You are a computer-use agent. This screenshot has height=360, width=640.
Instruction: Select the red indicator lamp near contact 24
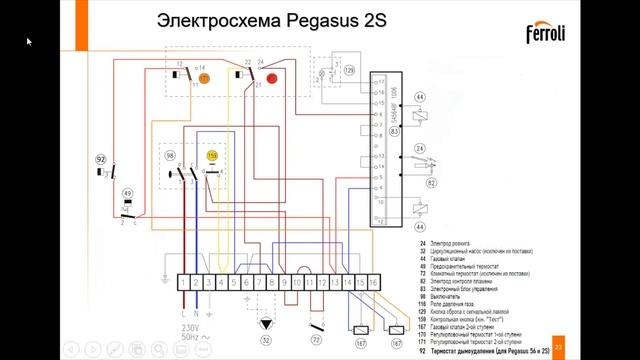click(270, 76)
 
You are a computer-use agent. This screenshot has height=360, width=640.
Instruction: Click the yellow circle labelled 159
click(212, 157)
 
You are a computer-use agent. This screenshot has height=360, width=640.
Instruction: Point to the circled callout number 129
click(349, 73)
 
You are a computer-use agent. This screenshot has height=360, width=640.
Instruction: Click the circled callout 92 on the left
click(100, 159)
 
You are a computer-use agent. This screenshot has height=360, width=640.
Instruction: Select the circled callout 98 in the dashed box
click(170, 157)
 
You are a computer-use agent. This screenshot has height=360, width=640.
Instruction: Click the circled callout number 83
click(395, 132)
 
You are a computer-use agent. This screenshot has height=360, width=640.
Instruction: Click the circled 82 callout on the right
click(432, 183)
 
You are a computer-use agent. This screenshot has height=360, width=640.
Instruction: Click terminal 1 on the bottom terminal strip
click(181, 284)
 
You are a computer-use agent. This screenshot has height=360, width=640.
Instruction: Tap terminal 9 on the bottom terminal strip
click(285, 284)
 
